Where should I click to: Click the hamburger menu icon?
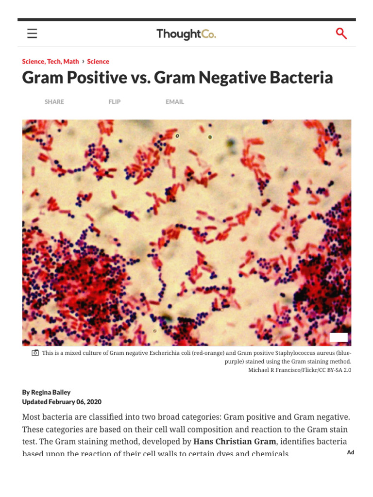click(x=32, y=33)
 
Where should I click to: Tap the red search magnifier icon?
click(x=341, y=33)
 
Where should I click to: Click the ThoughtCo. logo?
click(x=186, y=34)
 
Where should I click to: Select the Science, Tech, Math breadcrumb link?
click(x=51, y=61)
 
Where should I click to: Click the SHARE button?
click(x=54, y=102)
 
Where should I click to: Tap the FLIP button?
click(x=115, y=102)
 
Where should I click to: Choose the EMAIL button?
click(x=175, y=102)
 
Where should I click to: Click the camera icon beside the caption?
click(x=35, y=353)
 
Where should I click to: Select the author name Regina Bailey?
click(x=51, y=392)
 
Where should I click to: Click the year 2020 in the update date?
click(x=93, y=402)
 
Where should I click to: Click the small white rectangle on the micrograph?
click(x=339, y=337)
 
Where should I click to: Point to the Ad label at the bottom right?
click(x=351, y=452)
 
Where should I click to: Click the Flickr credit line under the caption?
click(x=300, y=370)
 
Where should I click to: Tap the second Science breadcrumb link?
click(x=98, y=61)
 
